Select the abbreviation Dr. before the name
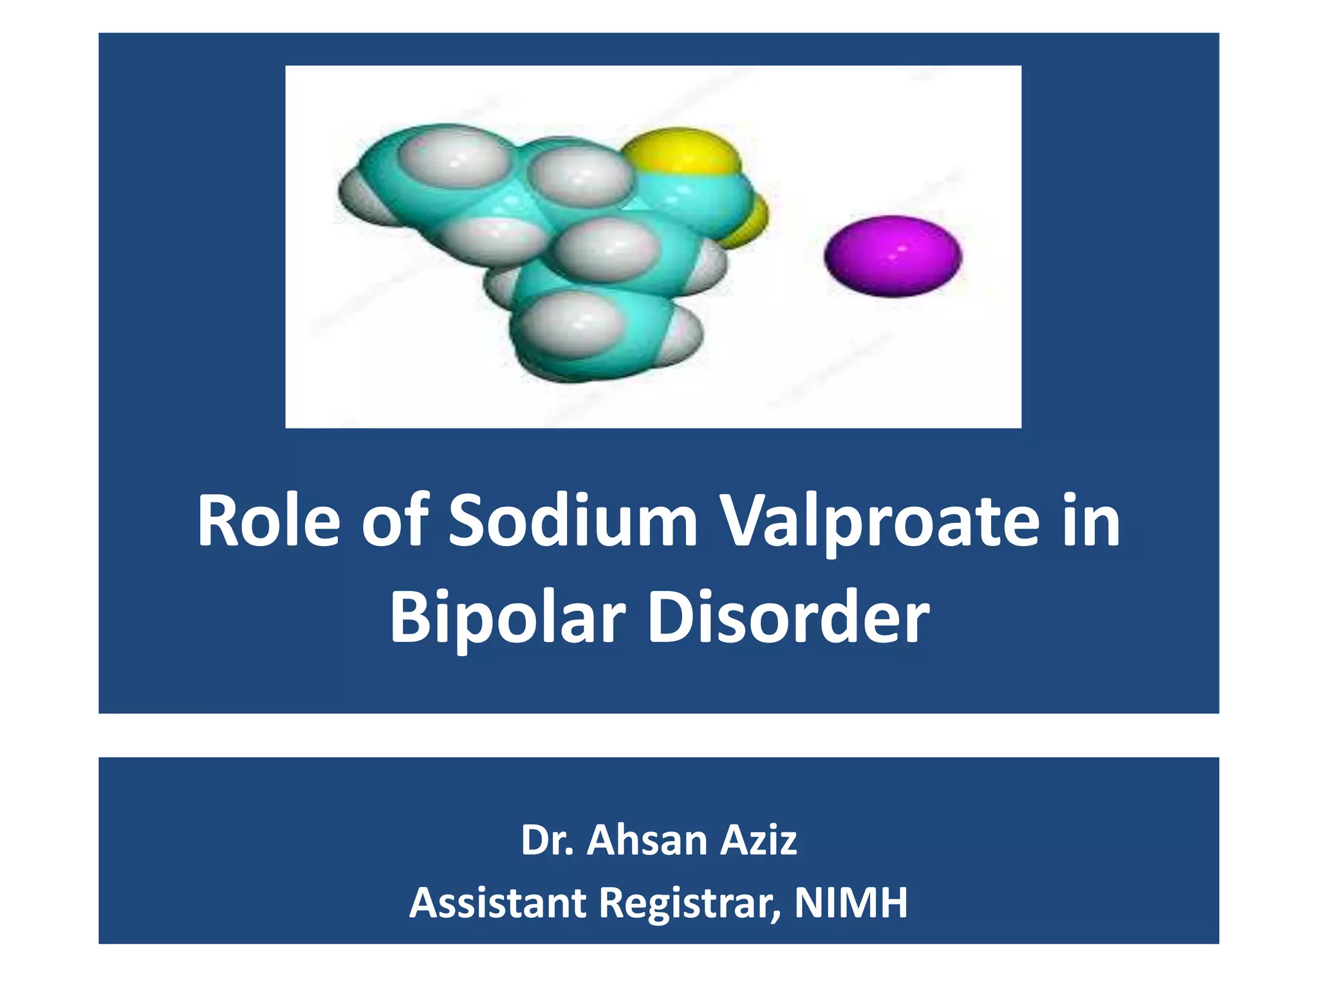click(x=546, y=840)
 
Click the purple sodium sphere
click(x=893, y=255)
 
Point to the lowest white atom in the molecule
click(x=570, y=325)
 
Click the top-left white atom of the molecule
click(x=454, y=157)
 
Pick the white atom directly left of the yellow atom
click(x=579, y=174)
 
